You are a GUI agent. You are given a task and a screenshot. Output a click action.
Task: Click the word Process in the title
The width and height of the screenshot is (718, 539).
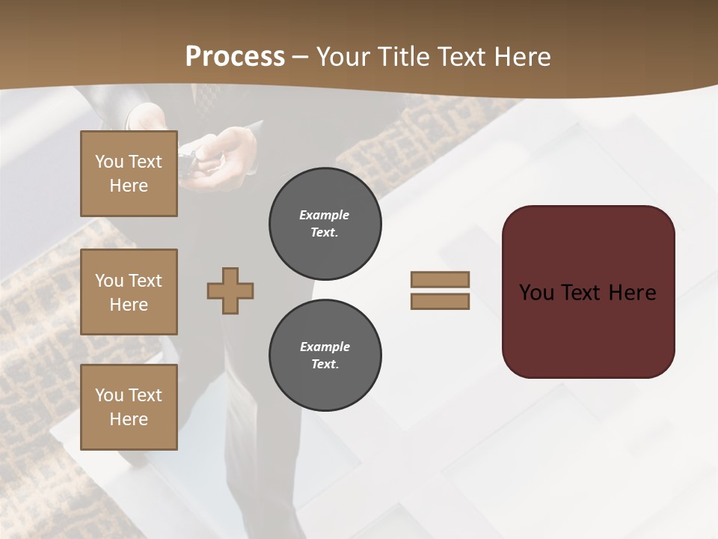(x=235, y=57)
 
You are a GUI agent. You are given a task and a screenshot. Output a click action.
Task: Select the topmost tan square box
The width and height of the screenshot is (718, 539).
(x=129, y=174)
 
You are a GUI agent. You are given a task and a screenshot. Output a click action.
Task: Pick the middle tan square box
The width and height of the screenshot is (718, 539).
(x=129, y=292)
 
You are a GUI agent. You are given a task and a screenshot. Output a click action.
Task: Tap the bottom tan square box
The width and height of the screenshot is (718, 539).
(x=129, y=407)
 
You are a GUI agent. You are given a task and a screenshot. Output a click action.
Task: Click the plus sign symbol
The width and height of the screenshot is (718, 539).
(x=230, y=290)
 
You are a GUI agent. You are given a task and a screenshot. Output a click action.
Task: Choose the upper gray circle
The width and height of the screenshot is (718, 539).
(x=325, y=224)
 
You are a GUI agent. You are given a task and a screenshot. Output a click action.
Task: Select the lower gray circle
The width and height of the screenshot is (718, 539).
(x=325, y=356)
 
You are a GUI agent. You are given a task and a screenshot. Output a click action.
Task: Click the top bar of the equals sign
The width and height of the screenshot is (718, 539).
(x=440, y=279)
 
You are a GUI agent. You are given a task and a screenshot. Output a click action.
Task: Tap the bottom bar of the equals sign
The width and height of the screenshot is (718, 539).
(x=440, y=302)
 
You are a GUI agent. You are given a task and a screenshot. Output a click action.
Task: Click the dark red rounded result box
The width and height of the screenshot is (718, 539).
(x=588, y=329)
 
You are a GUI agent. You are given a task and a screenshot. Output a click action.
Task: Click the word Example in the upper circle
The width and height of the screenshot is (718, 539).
(x=325, y=215)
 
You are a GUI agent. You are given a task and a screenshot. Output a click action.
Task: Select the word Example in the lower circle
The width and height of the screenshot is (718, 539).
(x=325, y=347)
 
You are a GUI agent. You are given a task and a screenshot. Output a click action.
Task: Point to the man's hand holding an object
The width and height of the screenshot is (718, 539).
(x=228, y=153)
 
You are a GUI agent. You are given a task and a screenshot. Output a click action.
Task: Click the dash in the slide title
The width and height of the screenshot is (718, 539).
(x=301, y=57)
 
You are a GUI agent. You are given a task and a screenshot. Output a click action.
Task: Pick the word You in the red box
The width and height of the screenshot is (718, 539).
(x=537, y=293)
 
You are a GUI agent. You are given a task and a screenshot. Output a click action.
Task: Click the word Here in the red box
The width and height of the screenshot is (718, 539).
(x=632, y=293)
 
